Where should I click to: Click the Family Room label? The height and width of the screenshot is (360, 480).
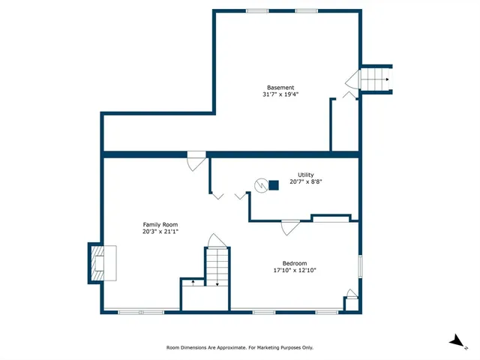point(160,224)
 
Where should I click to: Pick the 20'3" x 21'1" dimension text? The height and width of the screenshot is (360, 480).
point(160,232)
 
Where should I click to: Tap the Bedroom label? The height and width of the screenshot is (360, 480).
point(295,263)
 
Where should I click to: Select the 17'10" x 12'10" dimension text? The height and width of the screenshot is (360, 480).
point(295,271)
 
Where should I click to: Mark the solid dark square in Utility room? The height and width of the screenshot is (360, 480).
point(274,184)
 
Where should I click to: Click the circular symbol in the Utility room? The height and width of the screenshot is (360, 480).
point(260,184)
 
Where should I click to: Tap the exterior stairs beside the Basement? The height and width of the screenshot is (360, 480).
point(375,77)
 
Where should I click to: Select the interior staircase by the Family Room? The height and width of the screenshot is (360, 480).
point(216,266)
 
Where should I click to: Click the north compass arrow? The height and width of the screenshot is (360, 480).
point(456,341)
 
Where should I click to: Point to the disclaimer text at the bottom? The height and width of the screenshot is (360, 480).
point(240,347)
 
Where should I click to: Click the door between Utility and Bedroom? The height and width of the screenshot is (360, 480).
point(290,225)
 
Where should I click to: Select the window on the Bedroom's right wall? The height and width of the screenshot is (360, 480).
point(361,266)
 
